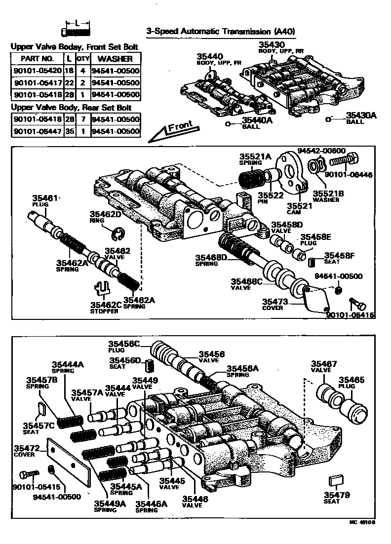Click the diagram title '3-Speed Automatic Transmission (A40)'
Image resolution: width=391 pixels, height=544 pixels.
(x=221, y=31)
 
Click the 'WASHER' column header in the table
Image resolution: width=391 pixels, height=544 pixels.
(x=116, y=58)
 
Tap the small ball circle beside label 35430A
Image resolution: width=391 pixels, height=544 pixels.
(x=328, y=118)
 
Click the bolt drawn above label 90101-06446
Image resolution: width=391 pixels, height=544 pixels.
(x=345, y=161)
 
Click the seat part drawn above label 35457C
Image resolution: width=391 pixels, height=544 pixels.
(x=42, y=408)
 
